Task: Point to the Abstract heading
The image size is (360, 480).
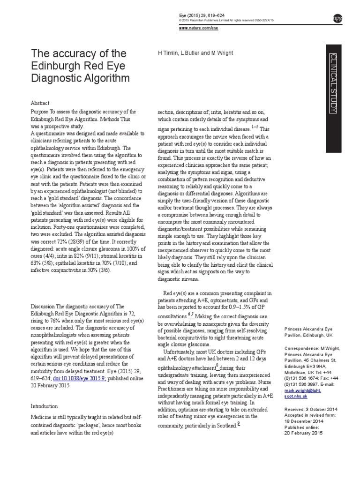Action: point(40,103)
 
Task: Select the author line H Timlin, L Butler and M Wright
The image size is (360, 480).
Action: point(195,53)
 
